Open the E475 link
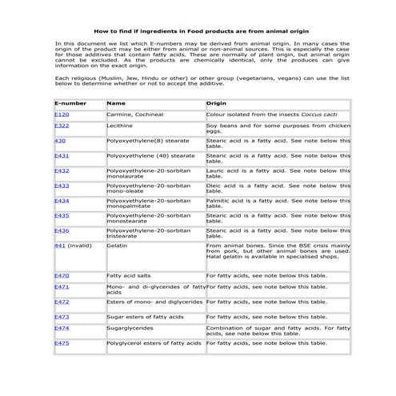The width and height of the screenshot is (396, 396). click(61, 342)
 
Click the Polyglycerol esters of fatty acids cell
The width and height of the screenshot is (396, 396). click(154, 342)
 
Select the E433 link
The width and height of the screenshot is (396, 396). click(61, 186)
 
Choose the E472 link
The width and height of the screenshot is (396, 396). click(61, 302)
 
